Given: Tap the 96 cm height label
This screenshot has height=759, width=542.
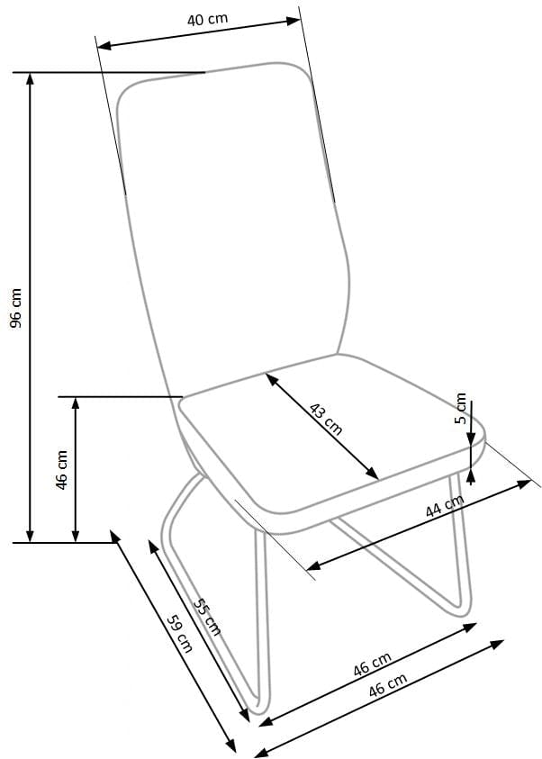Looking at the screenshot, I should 15,308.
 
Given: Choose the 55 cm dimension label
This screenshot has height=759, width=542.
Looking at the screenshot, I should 207,618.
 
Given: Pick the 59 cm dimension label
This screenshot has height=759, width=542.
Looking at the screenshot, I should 180,633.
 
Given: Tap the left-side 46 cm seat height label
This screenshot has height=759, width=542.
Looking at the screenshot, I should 62,469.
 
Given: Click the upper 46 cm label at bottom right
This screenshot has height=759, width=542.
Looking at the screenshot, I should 372,667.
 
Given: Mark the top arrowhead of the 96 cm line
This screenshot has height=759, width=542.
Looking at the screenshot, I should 32,77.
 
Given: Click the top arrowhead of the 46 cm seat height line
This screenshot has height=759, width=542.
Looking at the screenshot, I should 76,402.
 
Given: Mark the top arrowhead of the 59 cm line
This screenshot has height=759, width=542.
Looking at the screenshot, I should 115,536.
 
